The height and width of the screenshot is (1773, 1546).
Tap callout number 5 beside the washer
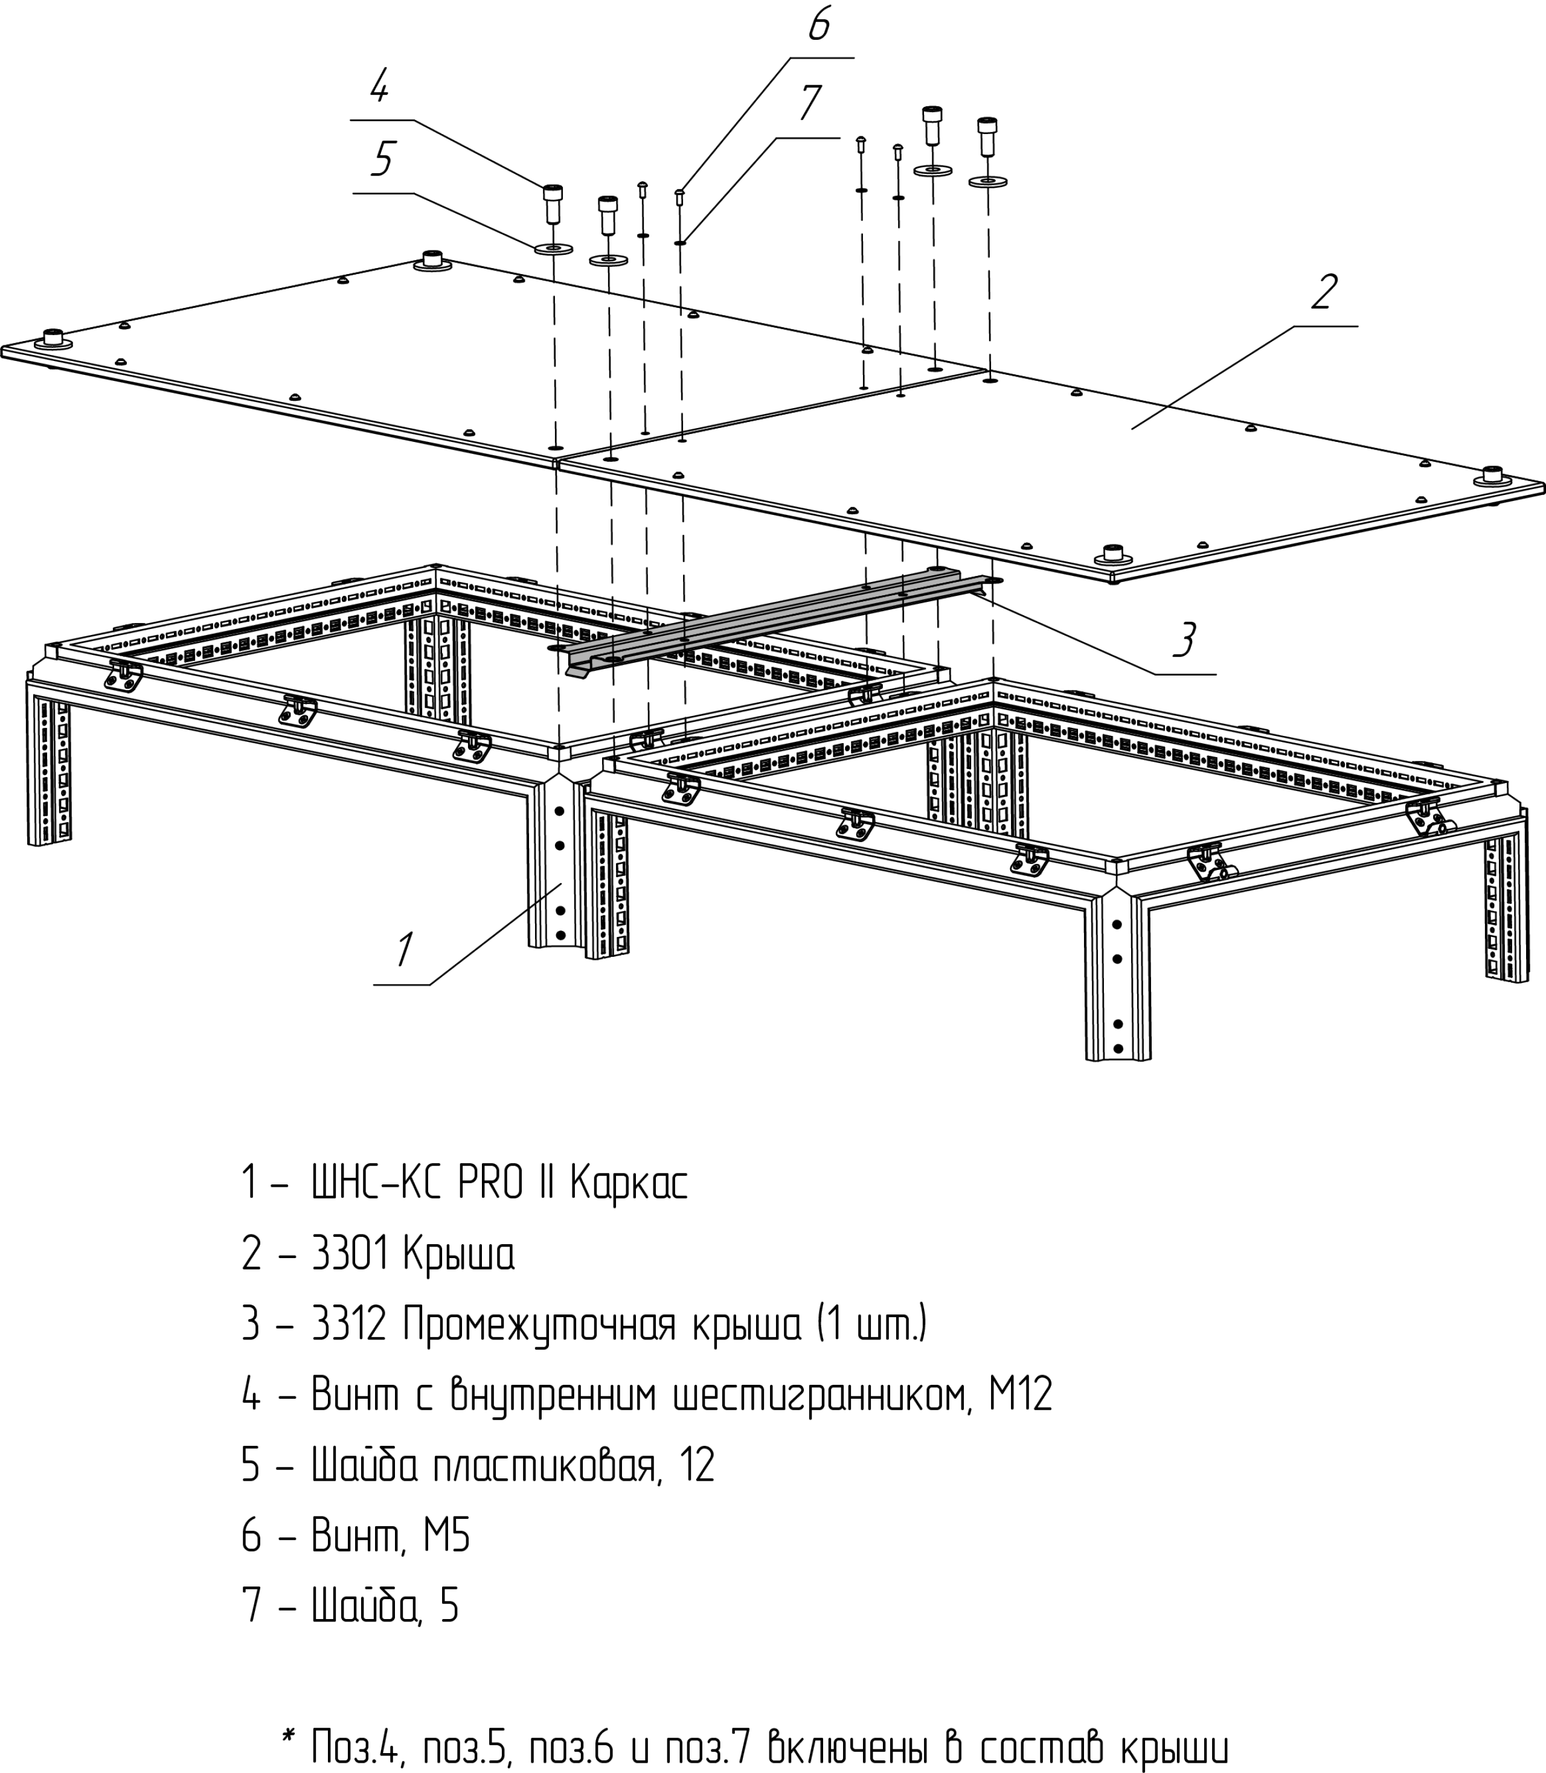pyautogui.click(x=383, y=159)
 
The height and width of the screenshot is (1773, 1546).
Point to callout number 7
pyautogui.click(x=809, y=103)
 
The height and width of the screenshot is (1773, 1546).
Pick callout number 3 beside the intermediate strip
pyautogui.click(x=1185, y=640)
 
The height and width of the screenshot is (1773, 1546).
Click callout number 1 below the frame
pyautogui.click(x=403, y=950)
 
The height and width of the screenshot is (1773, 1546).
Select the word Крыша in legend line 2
pyautogui.click(x=458, y=1254)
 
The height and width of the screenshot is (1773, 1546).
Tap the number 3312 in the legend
pyautogui.click(x=348, y=1324)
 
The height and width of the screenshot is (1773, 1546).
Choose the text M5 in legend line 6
pyautogui.click(x=446, y=1535)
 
